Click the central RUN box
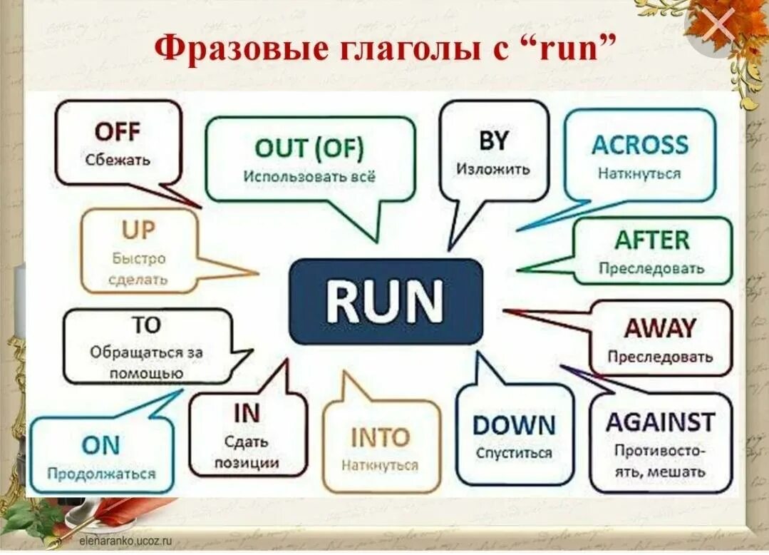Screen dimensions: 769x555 click(385, 301)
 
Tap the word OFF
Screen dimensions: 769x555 click(118, 132)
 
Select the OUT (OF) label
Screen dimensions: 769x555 click(309, 149)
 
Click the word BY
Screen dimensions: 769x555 click(493, 141)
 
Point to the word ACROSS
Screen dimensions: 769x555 click(640, 145)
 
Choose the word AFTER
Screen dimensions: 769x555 click(652, 240)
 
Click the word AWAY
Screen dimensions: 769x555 click(659, 328)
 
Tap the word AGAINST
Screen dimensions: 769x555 click(660, 422)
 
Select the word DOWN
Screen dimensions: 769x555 click(514, 426)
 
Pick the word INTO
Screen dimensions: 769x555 click(381, 437)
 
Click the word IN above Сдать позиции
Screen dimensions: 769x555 click(247, 413)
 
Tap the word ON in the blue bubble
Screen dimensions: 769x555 click(100, 446)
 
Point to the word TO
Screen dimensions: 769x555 click(146, 325)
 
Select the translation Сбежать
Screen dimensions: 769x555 click(118, 160)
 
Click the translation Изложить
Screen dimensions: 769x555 click(493, 170)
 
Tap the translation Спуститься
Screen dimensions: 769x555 click(514, 453)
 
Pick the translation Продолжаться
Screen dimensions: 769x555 click(101, 474)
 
